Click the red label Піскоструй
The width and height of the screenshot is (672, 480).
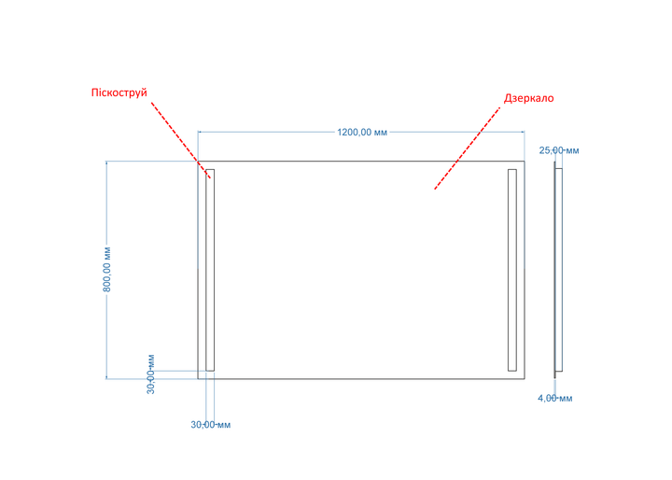119,93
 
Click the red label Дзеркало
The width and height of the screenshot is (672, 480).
529,98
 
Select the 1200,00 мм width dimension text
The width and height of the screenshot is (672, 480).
362,132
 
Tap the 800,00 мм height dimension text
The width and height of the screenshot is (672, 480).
107,269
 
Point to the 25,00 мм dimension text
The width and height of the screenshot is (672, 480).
559,150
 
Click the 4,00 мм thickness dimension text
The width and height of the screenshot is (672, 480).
555,399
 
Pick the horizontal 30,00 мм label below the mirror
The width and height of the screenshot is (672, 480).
210,425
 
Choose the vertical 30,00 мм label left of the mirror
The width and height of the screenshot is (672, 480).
150,374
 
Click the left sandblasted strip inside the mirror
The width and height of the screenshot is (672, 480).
210,270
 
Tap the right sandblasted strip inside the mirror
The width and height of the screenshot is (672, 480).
512,270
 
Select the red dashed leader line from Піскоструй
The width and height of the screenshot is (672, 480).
181,140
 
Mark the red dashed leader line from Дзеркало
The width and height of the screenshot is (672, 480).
468,148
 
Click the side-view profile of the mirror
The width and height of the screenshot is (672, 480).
558,270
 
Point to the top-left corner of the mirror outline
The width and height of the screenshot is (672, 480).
198,162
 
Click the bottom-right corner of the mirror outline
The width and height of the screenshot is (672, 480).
525,379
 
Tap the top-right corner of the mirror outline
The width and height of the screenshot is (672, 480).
525,162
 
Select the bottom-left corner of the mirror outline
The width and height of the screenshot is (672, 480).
198,379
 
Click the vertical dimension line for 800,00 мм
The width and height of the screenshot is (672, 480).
106,270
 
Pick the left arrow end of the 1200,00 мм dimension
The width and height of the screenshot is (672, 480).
199,132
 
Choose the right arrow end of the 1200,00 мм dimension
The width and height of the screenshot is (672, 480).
525,132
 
